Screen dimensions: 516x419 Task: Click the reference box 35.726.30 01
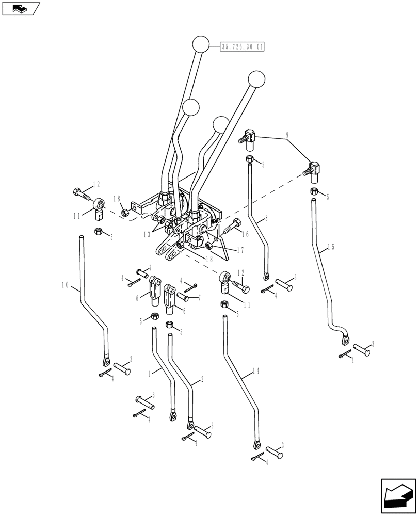(x=243, y=46)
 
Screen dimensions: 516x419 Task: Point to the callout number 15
(x=330, y=248)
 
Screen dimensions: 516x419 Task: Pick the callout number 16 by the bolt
(x=245, y=234)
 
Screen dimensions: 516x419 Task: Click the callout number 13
(x=148, y=234)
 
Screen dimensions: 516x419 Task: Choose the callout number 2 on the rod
(x=202, y=379)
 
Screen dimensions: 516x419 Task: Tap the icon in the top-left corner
(x=21, y=8)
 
